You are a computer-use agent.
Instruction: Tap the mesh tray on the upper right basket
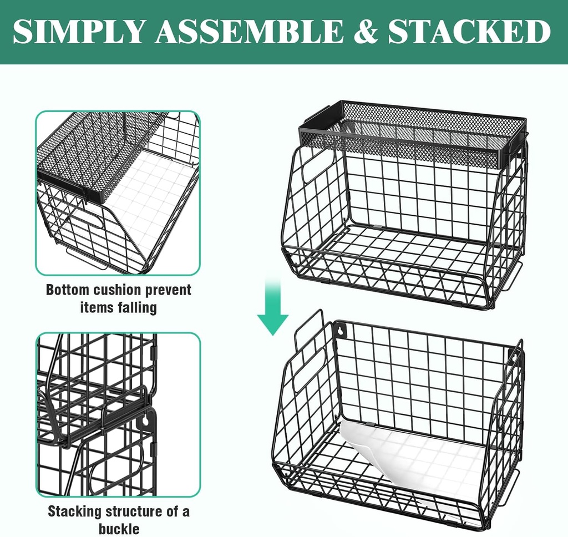413,133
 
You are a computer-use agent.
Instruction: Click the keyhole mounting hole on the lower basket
339,331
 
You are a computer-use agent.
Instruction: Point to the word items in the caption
96,307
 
